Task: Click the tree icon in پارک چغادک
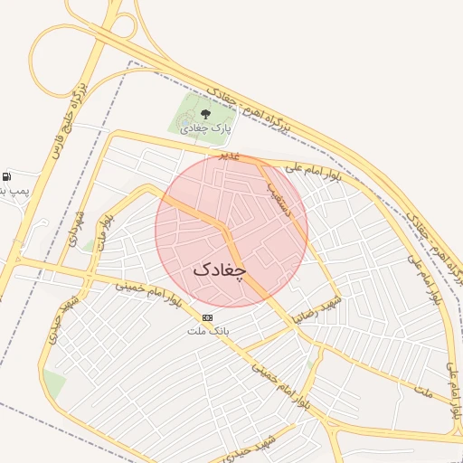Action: [205, 114]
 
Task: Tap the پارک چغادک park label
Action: [206, 128]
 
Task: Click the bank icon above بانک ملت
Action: [208, 317]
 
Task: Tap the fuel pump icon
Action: [7, 176]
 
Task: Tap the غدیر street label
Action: [231, 156]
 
